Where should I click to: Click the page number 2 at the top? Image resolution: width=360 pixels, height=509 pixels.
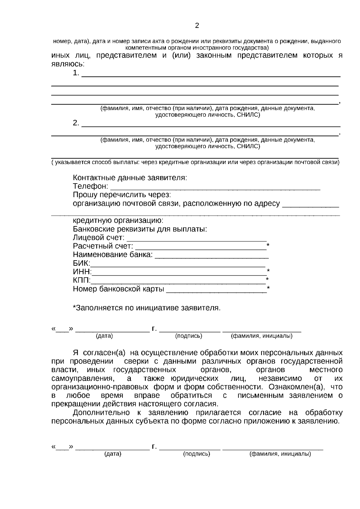click(197, 26)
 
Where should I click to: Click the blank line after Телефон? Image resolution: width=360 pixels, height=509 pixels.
click(215, 188)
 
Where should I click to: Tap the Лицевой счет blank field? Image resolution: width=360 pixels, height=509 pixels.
click(197, 239)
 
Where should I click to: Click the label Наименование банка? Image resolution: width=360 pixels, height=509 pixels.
click(113, 255)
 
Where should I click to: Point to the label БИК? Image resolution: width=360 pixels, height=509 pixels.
click(81, 263)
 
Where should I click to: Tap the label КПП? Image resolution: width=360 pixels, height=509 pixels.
click(82, 280)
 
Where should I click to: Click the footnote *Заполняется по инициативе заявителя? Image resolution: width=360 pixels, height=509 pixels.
click(147, 308)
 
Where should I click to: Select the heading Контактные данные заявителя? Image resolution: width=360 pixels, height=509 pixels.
click(130, 178)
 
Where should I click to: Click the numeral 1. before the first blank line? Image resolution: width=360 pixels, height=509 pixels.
click(76, 73)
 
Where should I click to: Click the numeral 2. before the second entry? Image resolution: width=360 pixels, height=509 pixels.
click(76, 123)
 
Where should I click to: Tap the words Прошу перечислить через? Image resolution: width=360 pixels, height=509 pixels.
click(122, 195)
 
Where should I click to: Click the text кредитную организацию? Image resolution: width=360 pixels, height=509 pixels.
click(118, 221)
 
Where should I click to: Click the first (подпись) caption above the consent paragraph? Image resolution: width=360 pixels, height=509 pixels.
click(188, 336)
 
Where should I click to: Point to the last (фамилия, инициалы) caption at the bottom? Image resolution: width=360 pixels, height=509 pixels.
click(280, 454)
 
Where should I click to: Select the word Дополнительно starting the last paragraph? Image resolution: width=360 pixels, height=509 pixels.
click(101, 413)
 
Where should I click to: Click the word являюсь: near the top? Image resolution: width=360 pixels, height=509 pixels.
click(68, 64)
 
